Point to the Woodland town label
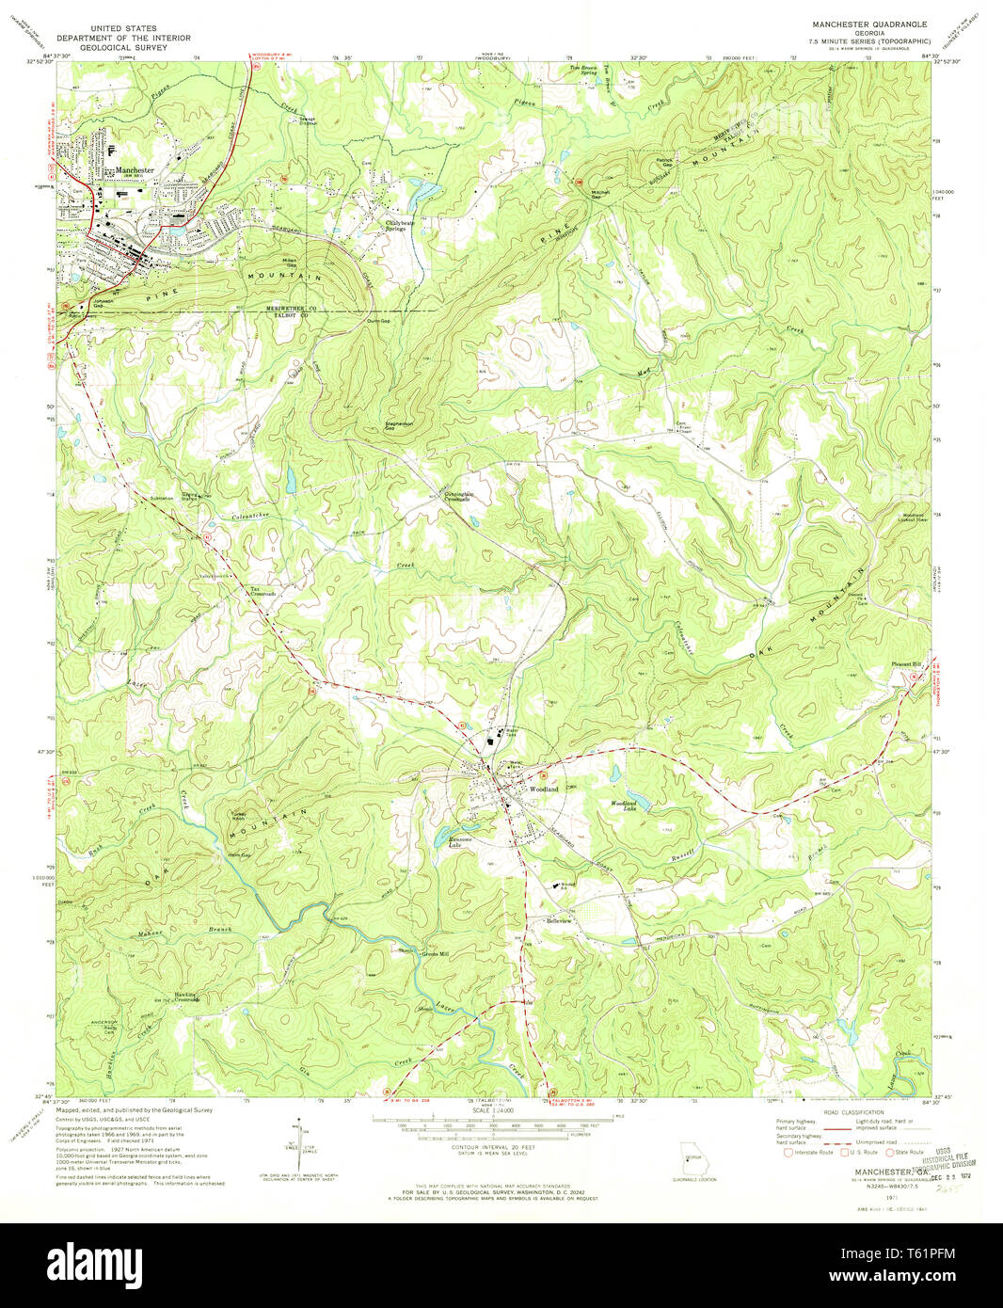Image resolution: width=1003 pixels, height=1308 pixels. click(544, 789)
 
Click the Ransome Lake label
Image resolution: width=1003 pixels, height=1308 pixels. click(460, 843)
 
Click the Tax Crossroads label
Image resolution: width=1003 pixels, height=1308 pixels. click(262, 592)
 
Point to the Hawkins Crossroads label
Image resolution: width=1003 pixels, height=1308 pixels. click(186, 997)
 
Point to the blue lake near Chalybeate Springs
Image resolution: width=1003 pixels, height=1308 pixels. click(422, 193)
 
